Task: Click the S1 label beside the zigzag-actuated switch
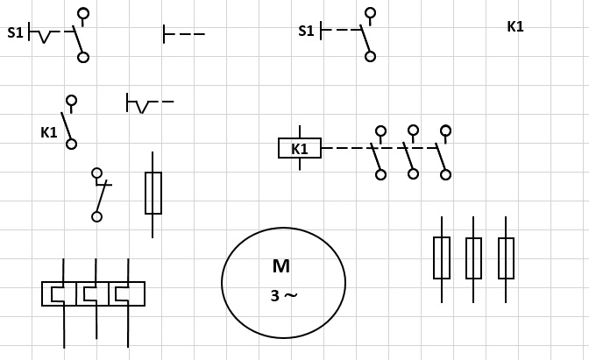pyautogui.click(x=15, y=33)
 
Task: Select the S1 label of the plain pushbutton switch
pyautogui.click(x=306, y=31)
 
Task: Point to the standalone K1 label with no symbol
pyautogui.click(x=515, y=26)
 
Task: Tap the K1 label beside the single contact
pyautogui.click(x=48, y=132)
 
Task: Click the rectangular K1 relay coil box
pyautogui.click(x=300, y=148)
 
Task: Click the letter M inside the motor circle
pyautogui.click(x=280, y=266)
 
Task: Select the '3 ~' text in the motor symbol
pyautogui.click(x=283, y=295)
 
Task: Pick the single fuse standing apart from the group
pyautogui.click(x=153, y=193)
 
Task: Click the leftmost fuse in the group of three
pyautogui.click(x=442, y=258)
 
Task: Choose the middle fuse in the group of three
pyautogui.click(x=473, y=258)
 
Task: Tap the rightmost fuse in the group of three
pyautogui.click(x=506, y=258)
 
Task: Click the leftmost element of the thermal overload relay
pyautogui.click(x=58, y=293)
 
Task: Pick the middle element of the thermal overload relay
pyautogui.click(x=91, y=293)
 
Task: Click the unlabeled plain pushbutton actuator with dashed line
pyautogui.click(x=183, y=34)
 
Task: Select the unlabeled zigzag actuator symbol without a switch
pyautogui.click(x=148, y=104)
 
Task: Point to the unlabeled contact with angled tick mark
pyautogui.click(x=99, y=194)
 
